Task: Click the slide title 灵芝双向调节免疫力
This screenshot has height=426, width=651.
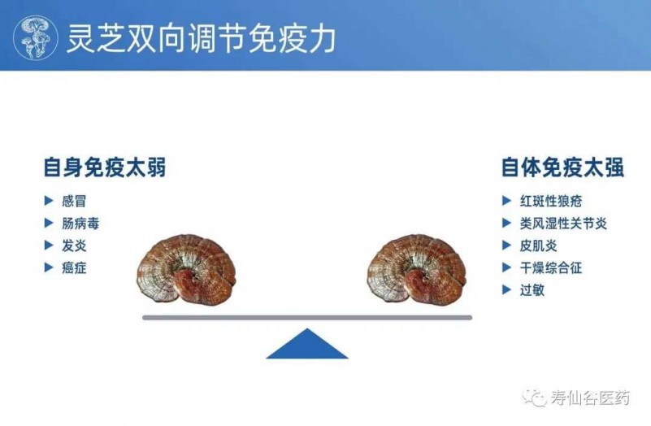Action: (x=202, y=38)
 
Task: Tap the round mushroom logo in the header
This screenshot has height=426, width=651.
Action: (x=36, y=37)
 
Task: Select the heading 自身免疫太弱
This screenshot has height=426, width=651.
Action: (x=105, y=167)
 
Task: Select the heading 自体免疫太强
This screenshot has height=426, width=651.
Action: (x=562, y=167)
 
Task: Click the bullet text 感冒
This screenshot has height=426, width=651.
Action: (x=74, y=201)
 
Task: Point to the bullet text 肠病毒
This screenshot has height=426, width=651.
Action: (x=80, y=224)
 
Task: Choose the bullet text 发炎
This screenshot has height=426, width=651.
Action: (x=74, y=246)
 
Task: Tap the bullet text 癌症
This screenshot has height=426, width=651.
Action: (x=74, y=267)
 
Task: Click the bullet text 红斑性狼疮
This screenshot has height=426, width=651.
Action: (x=551, y=201)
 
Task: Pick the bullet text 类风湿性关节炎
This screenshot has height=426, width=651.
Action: (x=563, y=224)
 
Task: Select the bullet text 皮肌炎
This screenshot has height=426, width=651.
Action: (x=539, y=246)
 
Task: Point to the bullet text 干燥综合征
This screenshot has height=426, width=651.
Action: (x=551, y=267)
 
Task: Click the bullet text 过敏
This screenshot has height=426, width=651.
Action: (x=532, y=289)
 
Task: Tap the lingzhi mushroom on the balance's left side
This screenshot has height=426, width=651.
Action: (x=186, y=270)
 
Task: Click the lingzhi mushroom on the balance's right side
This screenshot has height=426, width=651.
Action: (x=416, y=270)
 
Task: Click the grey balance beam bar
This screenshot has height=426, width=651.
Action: (x=307, y=318)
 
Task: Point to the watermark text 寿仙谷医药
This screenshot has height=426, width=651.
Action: (x=590, y=398)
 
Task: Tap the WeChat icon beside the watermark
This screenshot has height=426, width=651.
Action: (x=535, y=398)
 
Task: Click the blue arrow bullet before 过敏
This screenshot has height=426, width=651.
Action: (x=506, y=289)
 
